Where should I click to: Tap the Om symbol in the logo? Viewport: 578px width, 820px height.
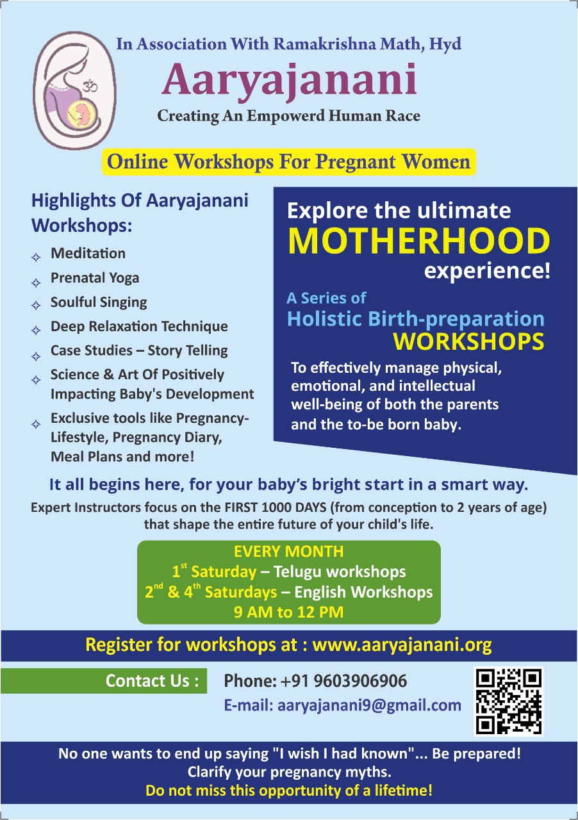pos(90,86)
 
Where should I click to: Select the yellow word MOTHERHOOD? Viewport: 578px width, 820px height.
pos(419,241)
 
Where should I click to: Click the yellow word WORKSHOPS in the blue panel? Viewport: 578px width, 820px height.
pos(468,342)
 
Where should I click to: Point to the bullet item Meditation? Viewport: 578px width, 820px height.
pos(88,253)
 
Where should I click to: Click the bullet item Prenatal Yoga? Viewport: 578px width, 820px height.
pos(95,278)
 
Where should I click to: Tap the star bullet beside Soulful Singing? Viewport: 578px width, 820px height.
pos(35,306)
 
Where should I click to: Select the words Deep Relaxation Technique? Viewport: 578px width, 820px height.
pos(139,327)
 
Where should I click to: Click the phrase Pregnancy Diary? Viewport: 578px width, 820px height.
pos(167,438)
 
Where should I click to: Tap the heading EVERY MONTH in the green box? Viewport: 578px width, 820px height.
pos(288,552)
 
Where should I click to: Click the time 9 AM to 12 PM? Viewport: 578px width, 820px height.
pos(288,612)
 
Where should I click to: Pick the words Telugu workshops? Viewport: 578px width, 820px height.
pos(340,572)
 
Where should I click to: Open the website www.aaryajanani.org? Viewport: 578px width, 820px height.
pos(402,645)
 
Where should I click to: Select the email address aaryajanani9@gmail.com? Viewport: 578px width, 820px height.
pos(369,705)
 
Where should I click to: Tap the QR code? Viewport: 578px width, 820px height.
pos(508,701)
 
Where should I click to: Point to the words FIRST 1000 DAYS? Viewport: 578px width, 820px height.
pos(276,508)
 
